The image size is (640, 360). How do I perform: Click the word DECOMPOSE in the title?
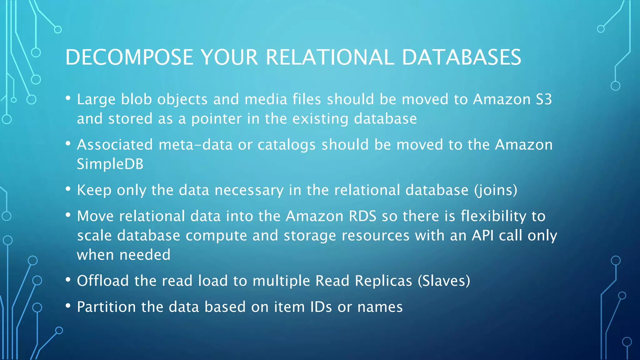(x=129, y=57)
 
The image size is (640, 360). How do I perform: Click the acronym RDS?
(x=362, y=216)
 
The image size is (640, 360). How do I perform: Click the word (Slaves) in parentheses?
(x=444, y=281)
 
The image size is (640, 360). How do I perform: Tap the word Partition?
(x=106, y=307)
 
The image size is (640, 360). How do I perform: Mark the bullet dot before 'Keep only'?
(x=68, y=189)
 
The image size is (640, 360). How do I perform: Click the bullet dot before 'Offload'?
(x=68, y=280)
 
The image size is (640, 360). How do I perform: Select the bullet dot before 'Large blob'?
(x=68, y=98)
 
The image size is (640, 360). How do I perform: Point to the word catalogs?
(x=287, y=145)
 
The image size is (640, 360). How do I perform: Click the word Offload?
(x=103, y=281)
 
